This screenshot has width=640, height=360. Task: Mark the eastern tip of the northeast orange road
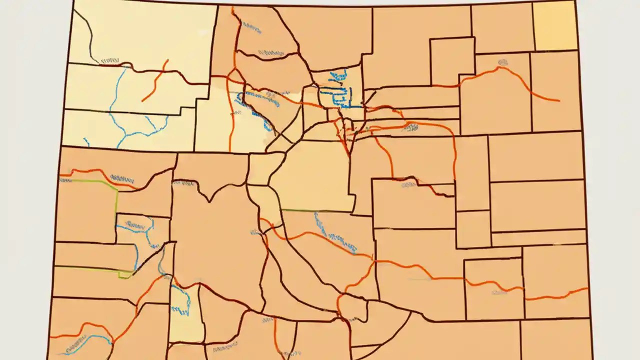point(558,101)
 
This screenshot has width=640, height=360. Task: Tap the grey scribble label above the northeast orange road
point(502,62)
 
